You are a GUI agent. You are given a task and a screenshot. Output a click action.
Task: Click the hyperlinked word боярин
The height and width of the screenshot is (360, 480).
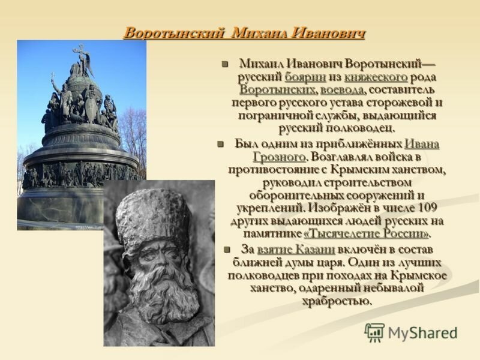tap(305, 77)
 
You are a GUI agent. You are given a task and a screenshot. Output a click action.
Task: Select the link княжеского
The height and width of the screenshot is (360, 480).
tap(376, 77)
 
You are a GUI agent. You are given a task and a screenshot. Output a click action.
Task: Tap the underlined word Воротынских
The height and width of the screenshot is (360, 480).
tap(277, 91)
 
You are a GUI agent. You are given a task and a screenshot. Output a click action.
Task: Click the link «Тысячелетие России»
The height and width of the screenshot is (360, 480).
tap(366, 234)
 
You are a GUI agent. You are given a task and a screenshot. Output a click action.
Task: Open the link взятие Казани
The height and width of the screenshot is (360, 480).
tap(296, 250)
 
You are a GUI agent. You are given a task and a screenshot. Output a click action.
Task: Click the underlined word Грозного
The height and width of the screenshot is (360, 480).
tap(279, 157)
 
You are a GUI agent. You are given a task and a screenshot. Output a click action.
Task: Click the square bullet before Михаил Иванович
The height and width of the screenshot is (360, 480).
tap(226, 65)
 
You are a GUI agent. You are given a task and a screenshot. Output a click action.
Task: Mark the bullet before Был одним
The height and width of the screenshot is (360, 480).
tap(220, 144)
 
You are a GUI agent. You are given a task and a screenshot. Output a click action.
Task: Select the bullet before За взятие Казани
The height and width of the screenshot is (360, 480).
tap(227, 250)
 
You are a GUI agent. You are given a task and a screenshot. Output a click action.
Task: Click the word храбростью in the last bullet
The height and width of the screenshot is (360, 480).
tap(337, 302)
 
